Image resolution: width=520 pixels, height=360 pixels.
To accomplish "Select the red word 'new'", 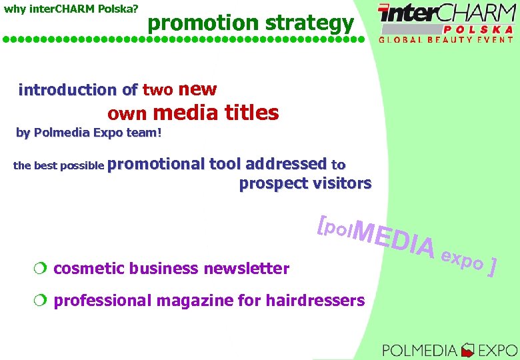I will [x=198, y=89].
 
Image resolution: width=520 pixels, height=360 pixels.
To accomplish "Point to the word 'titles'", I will [x=252, y=113].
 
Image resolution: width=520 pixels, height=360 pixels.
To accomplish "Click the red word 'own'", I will [x=127, y=115].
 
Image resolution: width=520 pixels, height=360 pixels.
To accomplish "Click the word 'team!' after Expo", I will [x=144, y=133].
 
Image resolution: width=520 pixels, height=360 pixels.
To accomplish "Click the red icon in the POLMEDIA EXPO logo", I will [x=468, y=349].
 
